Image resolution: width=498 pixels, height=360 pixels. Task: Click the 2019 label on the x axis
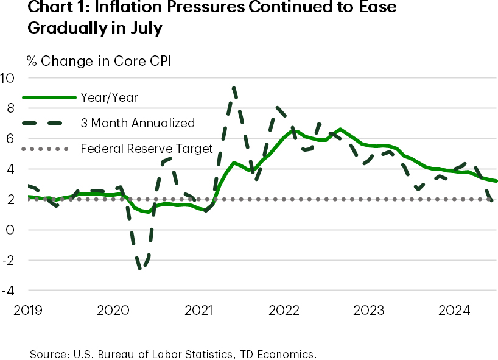27,311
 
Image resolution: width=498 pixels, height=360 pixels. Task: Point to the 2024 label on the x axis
454,311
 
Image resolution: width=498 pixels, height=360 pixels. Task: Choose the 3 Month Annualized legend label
138,122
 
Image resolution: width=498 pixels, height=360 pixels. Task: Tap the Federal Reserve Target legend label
147,148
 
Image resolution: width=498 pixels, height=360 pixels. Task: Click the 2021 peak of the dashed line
234,88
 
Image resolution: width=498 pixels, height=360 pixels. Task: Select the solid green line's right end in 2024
496,181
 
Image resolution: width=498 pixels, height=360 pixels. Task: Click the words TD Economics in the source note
284,353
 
